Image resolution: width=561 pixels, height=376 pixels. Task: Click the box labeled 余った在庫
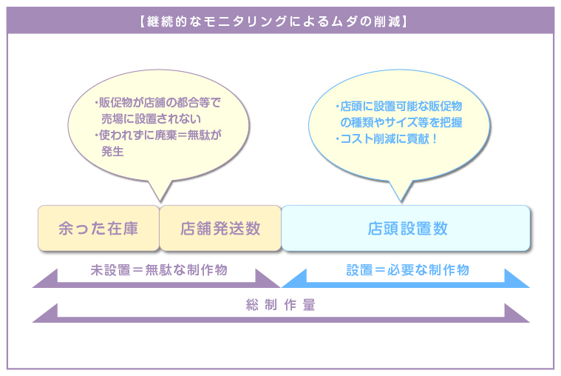click(98, 228)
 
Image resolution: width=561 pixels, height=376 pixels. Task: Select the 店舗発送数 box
click(220, 228)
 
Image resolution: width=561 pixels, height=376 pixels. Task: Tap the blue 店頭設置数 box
click(406, 228)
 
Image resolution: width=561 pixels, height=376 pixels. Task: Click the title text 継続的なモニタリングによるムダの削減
click(273, 21)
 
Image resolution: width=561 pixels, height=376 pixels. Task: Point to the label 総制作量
click(281, 305)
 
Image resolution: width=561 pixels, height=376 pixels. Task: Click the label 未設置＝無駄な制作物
click(159, 270)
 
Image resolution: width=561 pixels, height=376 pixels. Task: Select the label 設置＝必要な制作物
click(407, 270)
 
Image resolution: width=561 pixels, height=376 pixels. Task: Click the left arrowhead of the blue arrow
click(294, 279)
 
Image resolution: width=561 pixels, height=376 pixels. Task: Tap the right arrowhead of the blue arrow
click(517, 279)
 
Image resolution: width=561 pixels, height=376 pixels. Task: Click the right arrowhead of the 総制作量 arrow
click(517, 314)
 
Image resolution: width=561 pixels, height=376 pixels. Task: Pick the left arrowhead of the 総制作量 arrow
click(45, 314)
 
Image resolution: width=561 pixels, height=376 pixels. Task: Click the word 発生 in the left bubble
click(112, 151)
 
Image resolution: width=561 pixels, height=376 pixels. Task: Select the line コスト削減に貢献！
click(386, 138)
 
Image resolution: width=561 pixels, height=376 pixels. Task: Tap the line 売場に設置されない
click(151, 118)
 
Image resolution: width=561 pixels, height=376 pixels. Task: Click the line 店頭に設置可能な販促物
click(398, 106)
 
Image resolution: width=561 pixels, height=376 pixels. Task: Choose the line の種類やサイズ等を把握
click(401, 122)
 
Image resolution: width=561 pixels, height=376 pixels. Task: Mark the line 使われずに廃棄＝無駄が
click(157, 135)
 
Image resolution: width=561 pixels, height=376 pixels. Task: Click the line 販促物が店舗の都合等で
click(157, 103)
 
